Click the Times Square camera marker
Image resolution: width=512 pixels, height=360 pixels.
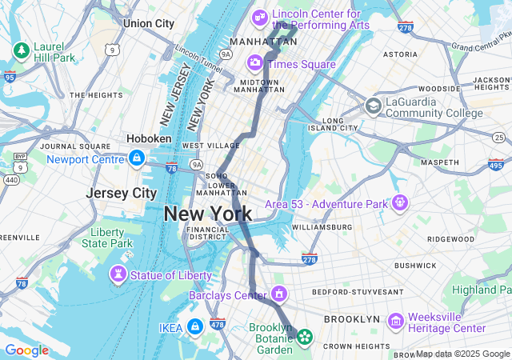point(255,62)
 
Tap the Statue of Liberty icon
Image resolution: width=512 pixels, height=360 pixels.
point(118,276)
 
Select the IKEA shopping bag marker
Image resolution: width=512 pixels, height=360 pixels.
point(194,326)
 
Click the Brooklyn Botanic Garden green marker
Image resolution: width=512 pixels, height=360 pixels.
point(304,338)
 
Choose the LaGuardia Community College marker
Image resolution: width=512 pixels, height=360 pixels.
point(374,106)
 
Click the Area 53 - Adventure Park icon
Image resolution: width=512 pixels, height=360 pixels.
point(399,203)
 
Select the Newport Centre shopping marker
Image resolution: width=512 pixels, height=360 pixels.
point(137,158)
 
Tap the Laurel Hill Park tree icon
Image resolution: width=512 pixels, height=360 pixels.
point(21,50)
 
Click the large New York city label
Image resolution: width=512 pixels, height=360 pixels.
point(208,214)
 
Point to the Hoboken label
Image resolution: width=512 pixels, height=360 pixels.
point(149,138)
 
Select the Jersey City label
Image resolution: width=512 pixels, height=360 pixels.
point(122,194)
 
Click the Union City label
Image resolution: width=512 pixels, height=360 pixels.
point(149,23)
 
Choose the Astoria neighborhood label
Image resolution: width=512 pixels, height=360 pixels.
point(400,54)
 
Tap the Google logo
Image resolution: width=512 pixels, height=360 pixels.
point(26,350)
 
